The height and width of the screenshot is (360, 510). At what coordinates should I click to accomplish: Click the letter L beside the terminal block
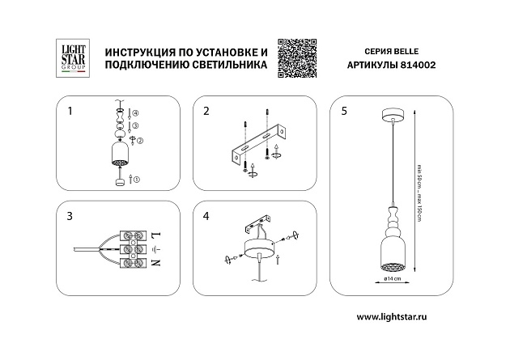pyautogui.click(x=156, y=236)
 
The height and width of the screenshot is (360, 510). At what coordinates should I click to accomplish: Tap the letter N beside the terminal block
pyautogui.click(x=156, y=263)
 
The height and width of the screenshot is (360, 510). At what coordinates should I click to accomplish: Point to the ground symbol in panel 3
pyautogui.click(x=156, y=249)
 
